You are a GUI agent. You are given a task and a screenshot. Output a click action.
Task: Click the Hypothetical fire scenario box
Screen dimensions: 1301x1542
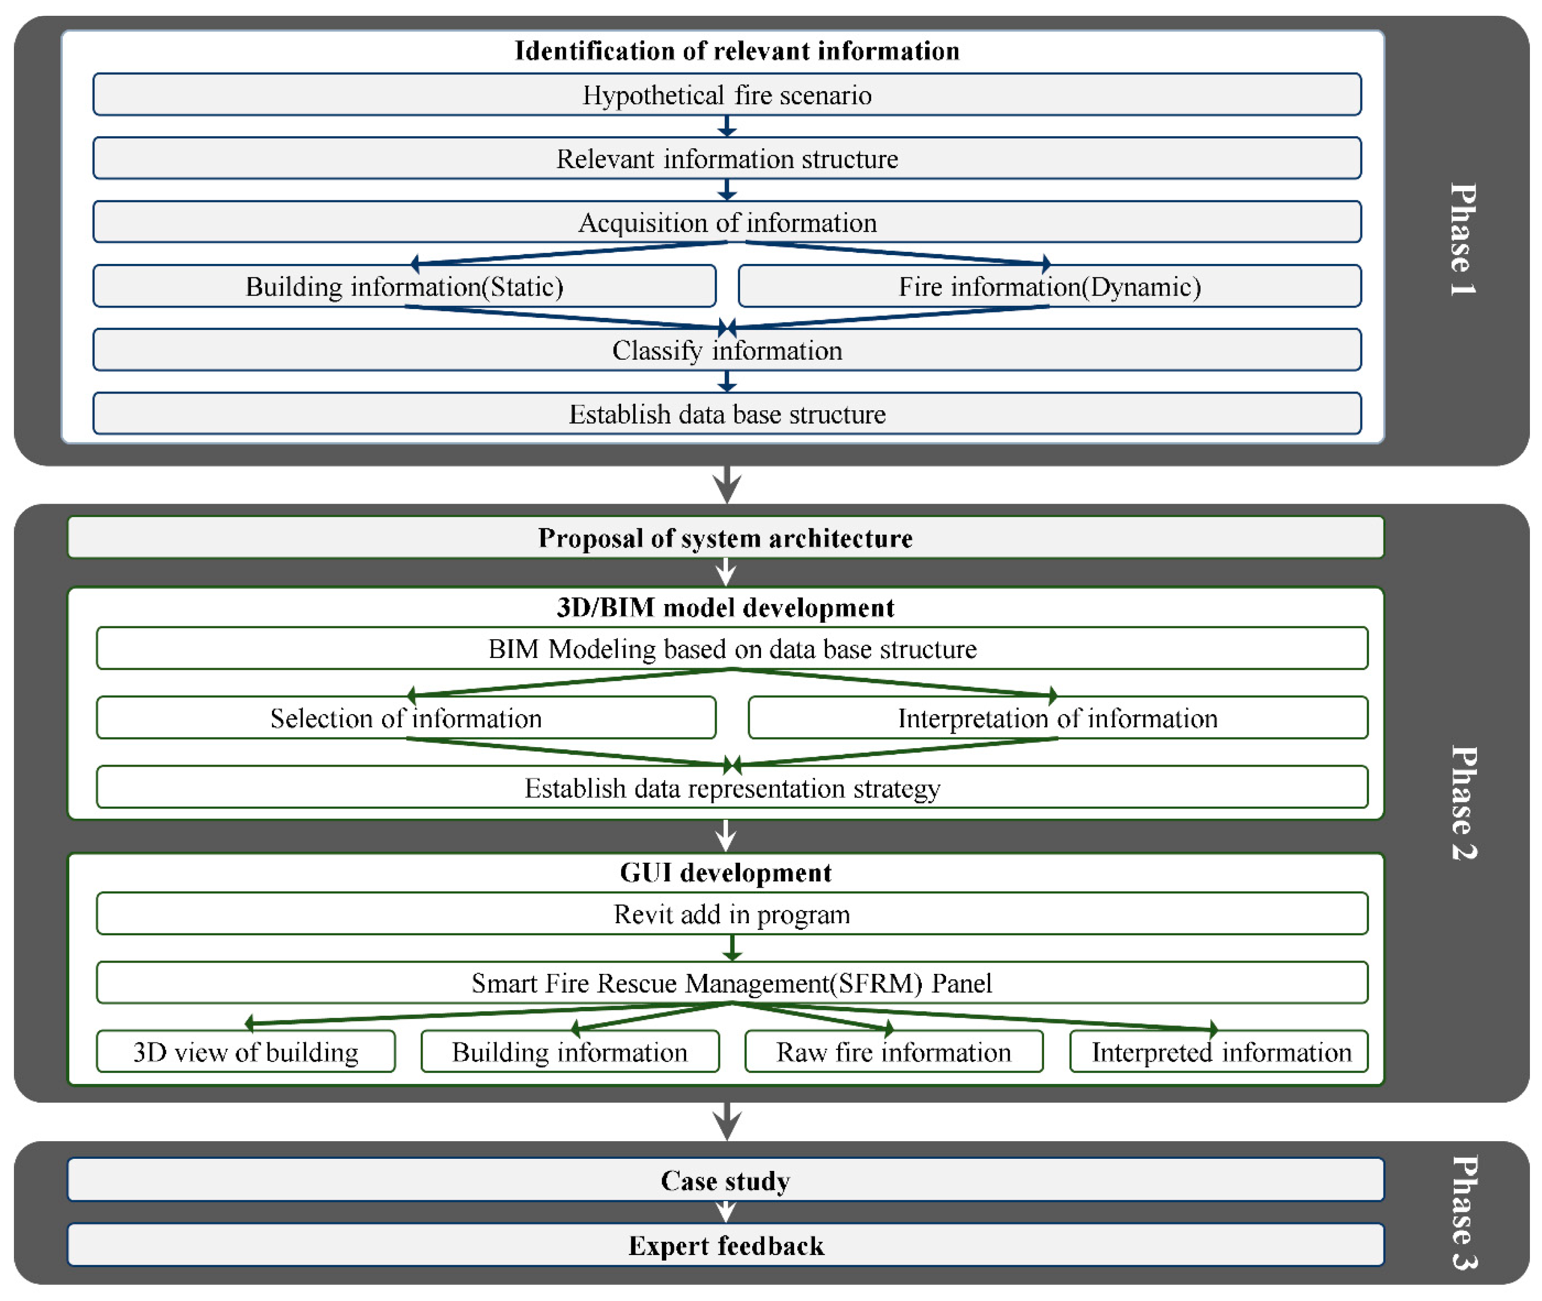[726, 94]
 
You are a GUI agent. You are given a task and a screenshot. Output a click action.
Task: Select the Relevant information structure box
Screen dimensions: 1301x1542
[726, 158]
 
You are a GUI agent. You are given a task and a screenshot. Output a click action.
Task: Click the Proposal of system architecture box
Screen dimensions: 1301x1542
[725, 538]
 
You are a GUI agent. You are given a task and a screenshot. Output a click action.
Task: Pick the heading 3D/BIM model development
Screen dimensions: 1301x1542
[725, 607]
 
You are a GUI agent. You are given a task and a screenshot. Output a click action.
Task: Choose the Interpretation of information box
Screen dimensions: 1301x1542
[1057, 717]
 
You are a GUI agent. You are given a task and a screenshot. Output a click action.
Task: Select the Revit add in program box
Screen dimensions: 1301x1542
[731, 914]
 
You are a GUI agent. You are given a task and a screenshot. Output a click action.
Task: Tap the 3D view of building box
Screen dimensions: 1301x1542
[245, 1051]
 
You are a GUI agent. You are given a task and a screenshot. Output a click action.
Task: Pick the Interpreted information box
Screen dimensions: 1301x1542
[1218, 1051]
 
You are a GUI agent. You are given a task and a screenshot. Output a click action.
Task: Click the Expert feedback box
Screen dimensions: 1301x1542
[725, 1245]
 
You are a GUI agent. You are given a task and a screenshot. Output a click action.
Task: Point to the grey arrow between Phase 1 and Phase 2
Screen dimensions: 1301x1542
[726, 485]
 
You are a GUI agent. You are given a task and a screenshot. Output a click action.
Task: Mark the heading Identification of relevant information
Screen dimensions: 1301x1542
[736, 50]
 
